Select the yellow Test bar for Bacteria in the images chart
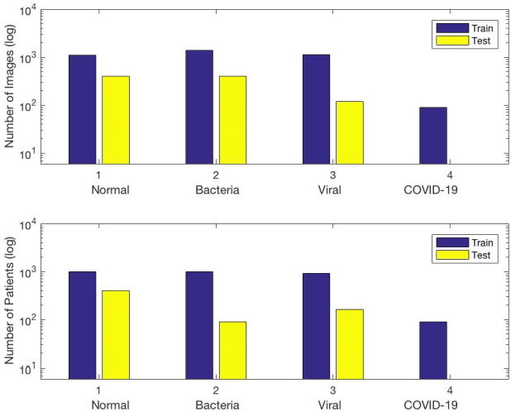233,120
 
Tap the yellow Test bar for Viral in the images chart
350,132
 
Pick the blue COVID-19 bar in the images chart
433,136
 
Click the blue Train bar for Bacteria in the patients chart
199,325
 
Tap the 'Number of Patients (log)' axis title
11,301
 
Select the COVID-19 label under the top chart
433,189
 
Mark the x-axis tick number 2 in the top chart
216,175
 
